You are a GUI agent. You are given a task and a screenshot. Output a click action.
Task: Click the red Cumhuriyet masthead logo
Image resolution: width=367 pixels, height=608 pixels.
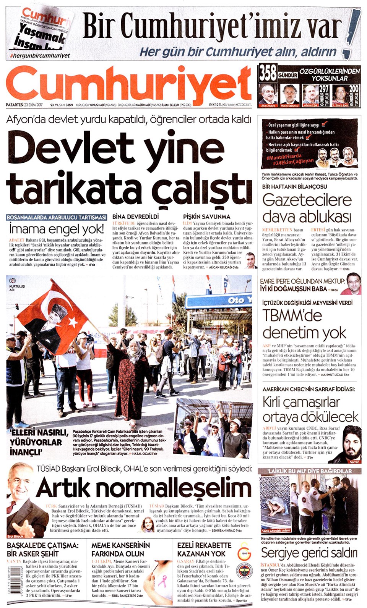tap(128, 85)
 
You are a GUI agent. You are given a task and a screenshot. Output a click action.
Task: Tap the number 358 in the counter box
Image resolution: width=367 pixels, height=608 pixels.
tap(268, 73)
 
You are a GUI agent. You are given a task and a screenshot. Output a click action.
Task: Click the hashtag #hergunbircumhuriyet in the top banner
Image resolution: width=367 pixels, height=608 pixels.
tap(40, 56)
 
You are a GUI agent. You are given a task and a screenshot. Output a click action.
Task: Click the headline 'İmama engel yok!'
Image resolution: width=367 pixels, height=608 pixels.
tap(56, 229)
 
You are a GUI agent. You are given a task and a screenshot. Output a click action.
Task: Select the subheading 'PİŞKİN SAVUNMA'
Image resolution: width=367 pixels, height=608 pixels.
tap(206, 217)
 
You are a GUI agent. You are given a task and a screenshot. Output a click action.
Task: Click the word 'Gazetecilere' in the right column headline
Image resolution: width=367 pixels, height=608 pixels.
tap(307, 200)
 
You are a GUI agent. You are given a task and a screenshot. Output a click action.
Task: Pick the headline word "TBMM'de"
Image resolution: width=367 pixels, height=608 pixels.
tap(292, 315)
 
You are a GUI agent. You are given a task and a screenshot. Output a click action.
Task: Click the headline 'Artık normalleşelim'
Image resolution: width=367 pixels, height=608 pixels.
tap(144, 488)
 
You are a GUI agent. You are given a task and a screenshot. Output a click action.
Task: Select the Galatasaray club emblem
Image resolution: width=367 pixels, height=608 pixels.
tap(244, 553)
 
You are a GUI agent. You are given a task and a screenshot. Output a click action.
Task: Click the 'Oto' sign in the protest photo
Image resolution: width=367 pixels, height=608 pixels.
tap(237, 301)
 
